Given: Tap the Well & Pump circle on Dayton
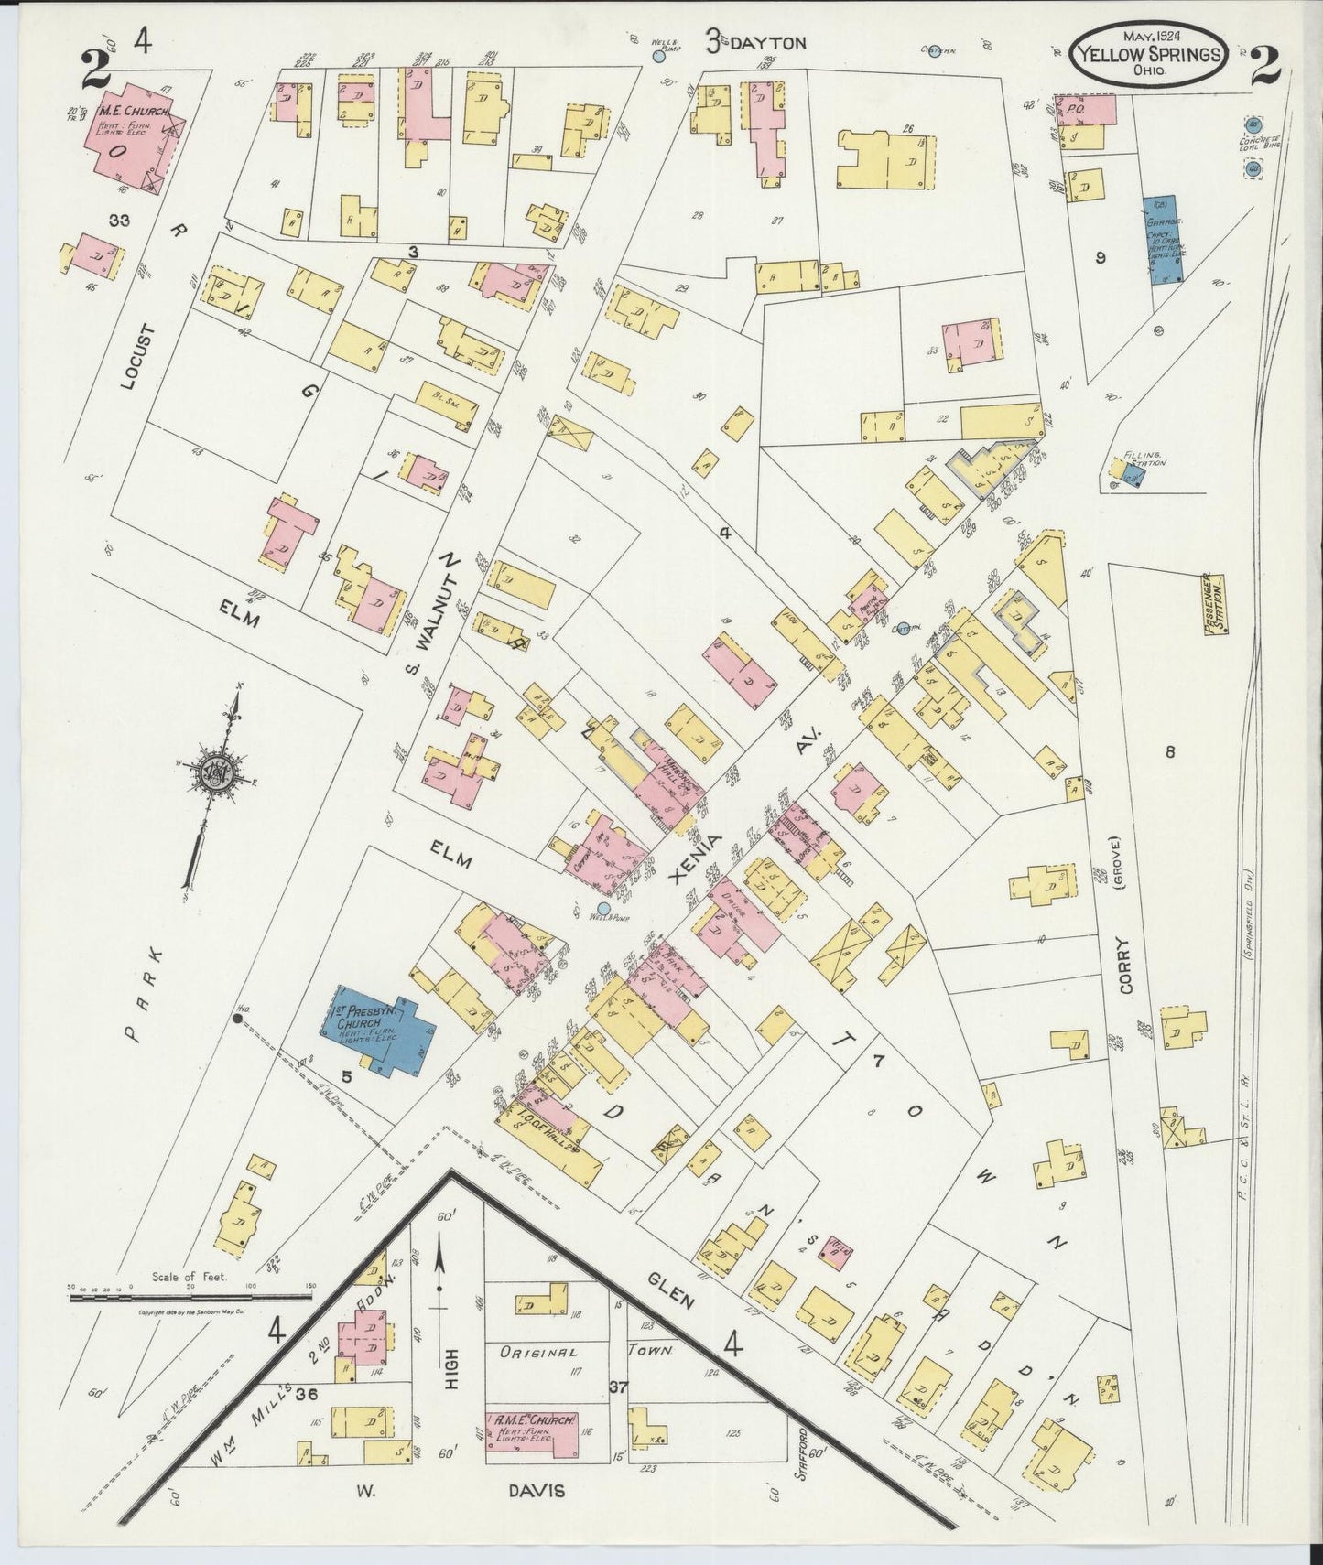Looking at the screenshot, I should point(658,57).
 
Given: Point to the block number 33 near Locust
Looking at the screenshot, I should point(118,221).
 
